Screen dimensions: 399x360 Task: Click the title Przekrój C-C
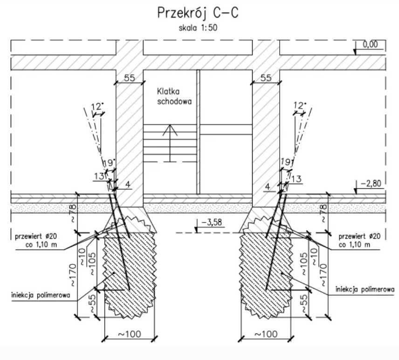198,13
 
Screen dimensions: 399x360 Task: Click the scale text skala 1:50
198,28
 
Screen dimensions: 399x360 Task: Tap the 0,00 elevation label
370,44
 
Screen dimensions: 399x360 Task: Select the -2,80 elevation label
371,183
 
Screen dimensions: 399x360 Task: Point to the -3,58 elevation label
212,222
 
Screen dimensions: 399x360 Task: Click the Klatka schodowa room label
174,96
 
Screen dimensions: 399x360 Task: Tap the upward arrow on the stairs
170,143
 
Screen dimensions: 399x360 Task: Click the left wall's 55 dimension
130,78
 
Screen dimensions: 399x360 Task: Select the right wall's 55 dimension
266,78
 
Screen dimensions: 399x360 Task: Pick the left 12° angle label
97,106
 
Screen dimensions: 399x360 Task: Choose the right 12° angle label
300,105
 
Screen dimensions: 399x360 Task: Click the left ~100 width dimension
130,334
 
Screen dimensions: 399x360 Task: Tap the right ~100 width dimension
266,334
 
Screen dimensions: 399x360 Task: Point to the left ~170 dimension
72,275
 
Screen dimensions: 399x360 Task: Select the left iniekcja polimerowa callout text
41,295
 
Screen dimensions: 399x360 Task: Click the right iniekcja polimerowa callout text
365,289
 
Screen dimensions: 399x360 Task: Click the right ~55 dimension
304,304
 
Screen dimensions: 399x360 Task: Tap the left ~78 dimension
72,214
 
